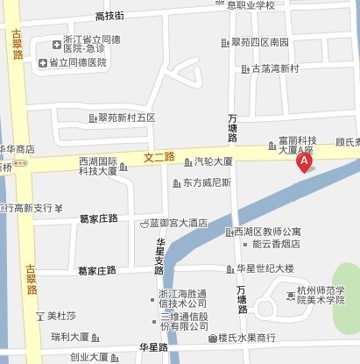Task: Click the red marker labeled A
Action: [304, 163]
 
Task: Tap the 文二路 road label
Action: [159, 157]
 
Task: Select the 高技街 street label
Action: [109, 16]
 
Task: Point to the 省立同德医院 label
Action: [77, 62]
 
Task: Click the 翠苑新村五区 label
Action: [127, 118]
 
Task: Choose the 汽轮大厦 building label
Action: [213, 161]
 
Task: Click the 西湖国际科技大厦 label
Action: [97, 166]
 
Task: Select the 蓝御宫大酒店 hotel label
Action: [178, 223]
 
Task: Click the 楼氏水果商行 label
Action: [246, 338]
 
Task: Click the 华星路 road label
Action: [153, 347]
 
